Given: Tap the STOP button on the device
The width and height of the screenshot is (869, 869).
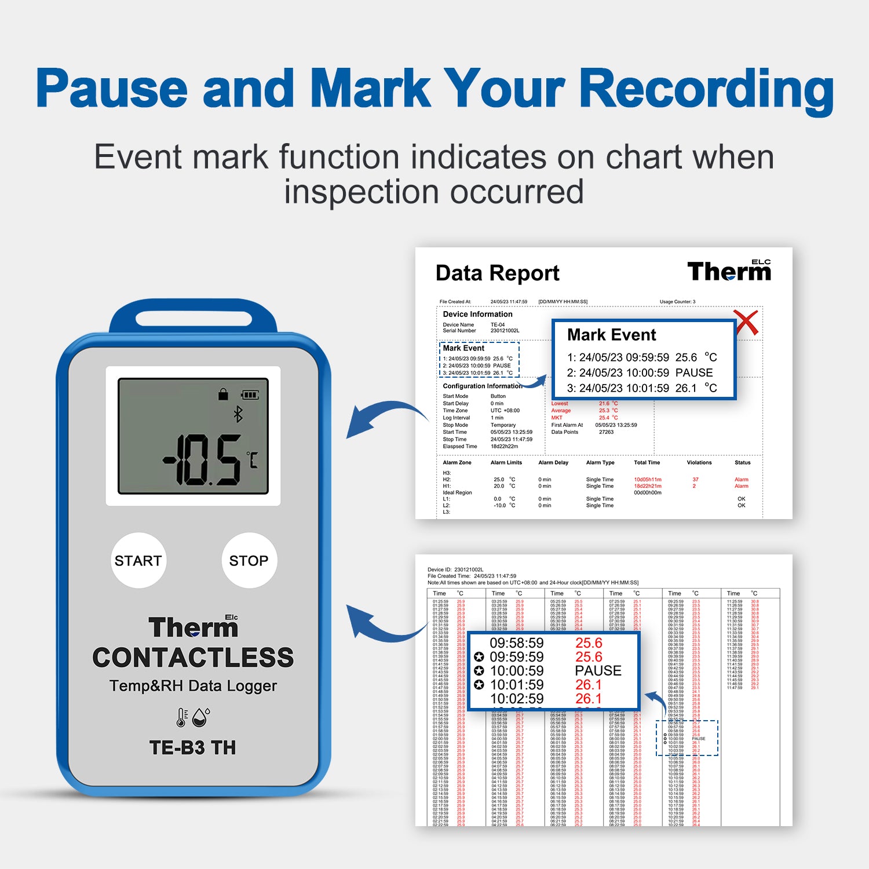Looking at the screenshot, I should pos(249,560).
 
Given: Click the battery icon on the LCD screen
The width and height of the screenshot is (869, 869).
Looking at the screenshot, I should pos(250,395).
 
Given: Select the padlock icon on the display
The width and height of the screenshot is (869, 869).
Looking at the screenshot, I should pos(223,395).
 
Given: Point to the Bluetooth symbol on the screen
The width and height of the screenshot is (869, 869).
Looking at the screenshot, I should pos(238,414).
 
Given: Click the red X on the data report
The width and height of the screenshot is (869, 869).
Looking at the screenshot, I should pos(746,322).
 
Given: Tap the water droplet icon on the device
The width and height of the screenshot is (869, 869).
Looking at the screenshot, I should pos(201,717).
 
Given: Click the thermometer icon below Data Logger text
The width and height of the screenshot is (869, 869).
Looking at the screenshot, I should pos(182,717).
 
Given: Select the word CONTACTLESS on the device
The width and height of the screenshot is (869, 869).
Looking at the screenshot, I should pos(193,658).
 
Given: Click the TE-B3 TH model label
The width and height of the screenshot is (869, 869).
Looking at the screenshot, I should pos(193,748).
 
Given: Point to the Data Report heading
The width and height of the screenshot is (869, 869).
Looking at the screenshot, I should pos(497,273).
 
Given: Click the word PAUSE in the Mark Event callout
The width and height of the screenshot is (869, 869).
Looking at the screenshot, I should pos(694,373).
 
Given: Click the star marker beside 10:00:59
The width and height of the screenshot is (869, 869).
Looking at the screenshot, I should pos(479,671).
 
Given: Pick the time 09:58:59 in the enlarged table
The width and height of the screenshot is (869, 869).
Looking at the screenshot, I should pos(517,643).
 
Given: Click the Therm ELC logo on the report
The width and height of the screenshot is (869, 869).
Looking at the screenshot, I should pos(729,271).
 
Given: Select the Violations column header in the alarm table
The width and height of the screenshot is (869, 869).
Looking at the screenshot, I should pos(699,463).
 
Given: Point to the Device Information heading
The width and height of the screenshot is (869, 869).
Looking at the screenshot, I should pos(477,314).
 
